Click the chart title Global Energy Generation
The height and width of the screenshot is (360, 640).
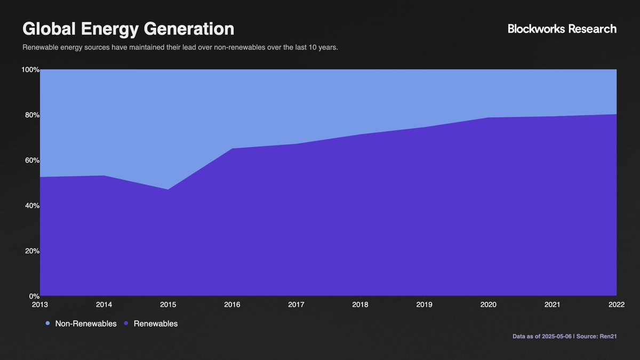click(129, 29)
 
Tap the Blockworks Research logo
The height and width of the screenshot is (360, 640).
click(562, 29)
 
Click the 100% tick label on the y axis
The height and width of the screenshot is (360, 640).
click(30, 69)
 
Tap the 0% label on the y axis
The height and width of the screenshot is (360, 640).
click(34, 296)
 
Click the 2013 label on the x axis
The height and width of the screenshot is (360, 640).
click(40, 305)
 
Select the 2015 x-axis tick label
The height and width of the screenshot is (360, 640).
click(168, 305)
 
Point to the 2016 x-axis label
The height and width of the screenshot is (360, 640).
click(232, 305)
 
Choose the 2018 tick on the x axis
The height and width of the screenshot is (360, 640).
click(361, 305)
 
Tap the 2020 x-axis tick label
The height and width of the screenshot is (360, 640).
click(489, 305)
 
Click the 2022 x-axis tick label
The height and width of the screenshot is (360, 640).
click(617, 305)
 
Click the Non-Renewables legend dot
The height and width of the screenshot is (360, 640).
click(47, 323)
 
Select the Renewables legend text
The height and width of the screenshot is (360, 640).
click(156, 324)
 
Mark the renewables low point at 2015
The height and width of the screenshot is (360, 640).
click(168, 189)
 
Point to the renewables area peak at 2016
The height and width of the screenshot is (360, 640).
click(232, 148)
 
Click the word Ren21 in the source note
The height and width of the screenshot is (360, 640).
click(608, 337)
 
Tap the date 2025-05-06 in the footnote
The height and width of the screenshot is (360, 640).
click(557, 337)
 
